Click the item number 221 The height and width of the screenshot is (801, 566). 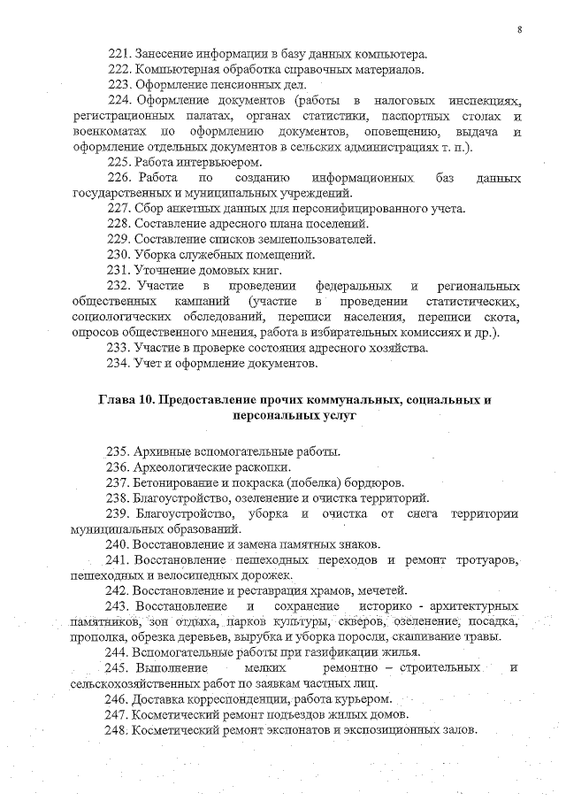click(x=119, y=54)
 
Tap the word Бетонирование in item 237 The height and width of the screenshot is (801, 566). click(x=180, y=483)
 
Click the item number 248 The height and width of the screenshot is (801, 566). click(x=119, y=730)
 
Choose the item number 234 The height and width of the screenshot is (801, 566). click(x=119, y=363)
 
